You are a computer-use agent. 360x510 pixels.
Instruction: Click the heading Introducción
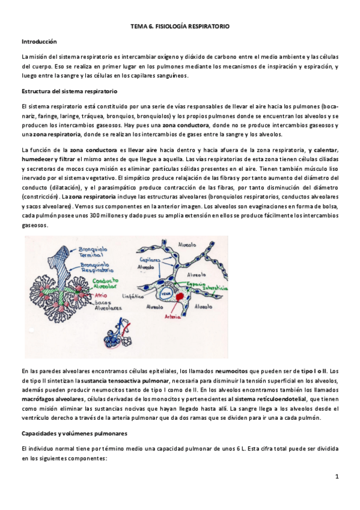tap(39, 41)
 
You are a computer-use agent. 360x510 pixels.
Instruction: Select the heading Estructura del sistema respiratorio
tap(69, 91)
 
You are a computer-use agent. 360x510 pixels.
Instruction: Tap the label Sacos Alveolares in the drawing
tap(105, 305)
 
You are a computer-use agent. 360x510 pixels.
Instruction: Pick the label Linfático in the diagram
tap(156, 296)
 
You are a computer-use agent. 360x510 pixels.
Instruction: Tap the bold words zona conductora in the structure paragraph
tap(180, 125)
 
